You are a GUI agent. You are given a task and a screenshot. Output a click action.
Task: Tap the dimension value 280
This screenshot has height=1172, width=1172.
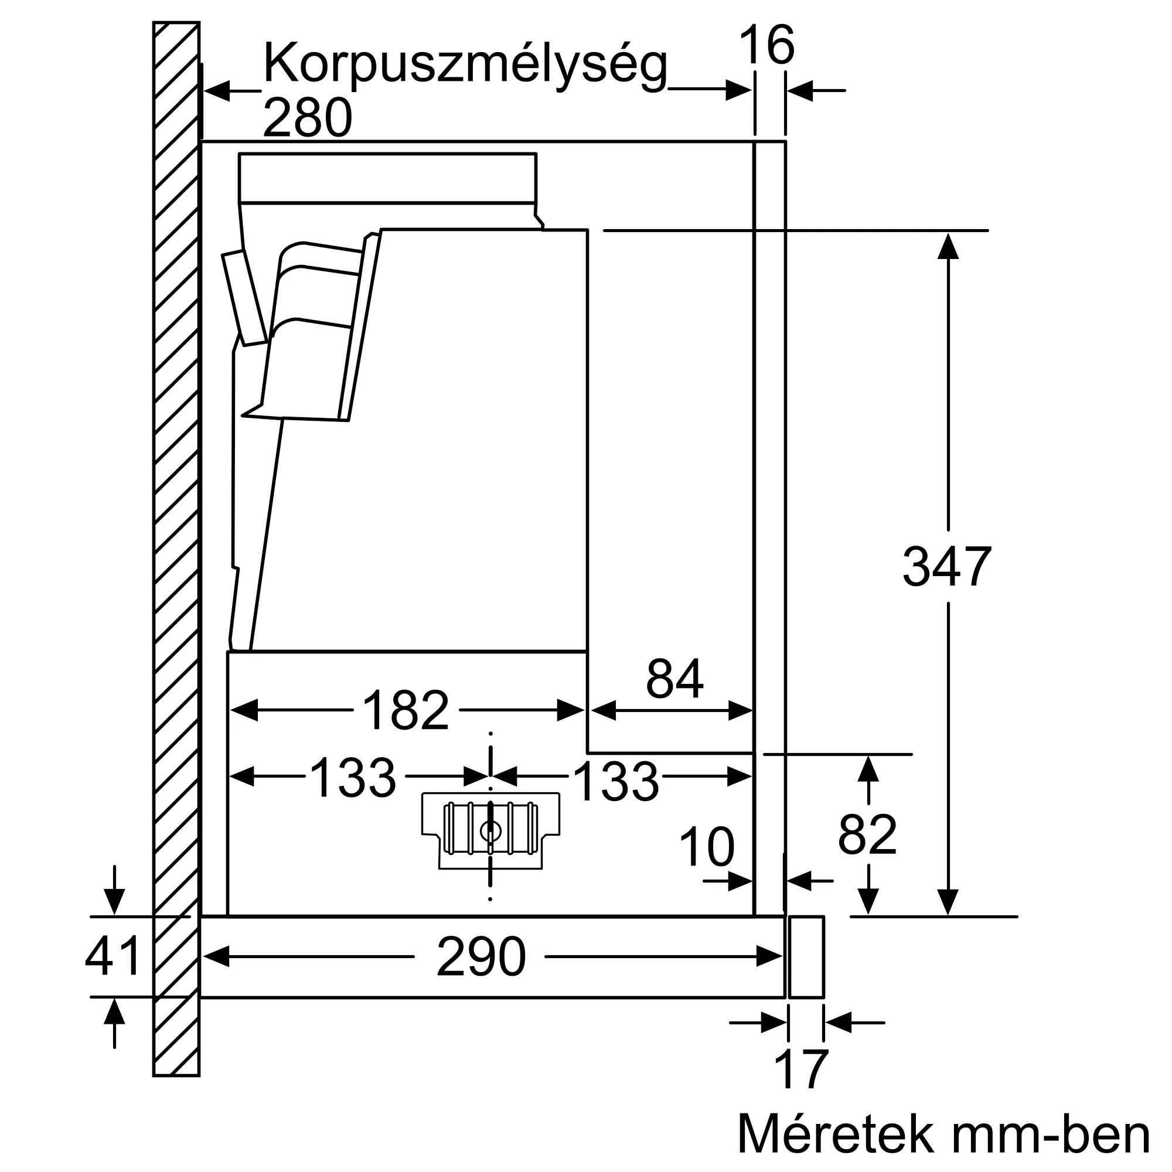[x=308, y=118]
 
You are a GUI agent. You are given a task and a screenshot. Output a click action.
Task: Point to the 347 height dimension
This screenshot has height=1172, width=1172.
[x=946, y=567]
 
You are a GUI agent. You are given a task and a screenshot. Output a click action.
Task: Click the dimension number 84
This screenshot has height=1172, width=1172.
[x=674, y=679]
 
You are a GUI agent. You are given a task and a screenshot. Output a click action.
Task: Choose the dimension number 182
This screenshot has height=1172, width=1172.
[x=406, y=710]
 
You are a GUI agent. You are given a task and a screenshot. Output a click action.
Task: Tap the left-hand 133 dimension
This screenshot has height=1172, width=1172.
[x=352, y=778]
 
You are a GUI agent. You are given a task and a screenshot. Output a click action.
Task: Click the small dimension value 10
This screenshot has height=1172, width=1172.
[x=706, y=847]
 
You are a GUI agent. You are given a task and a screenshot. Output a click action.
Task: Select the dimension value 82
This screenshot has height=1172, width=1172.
[x=867, y=835]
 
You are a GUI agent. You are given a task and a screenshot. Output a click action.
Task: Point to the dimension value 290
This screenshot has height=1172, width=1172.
[x=481, y=957]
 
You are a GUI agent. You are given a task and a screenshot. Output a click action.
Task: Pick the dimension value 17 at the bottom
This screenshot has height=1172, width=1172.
[x=800, y=1070]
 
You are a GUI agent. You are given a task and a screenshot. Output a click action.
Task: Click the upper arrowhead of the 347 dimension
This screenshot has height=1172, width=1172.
[x=948, y=245]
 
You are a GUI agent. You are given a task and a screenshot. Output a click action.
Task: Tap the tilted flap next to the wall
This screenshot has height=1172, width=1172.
[x=244, y=297]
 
